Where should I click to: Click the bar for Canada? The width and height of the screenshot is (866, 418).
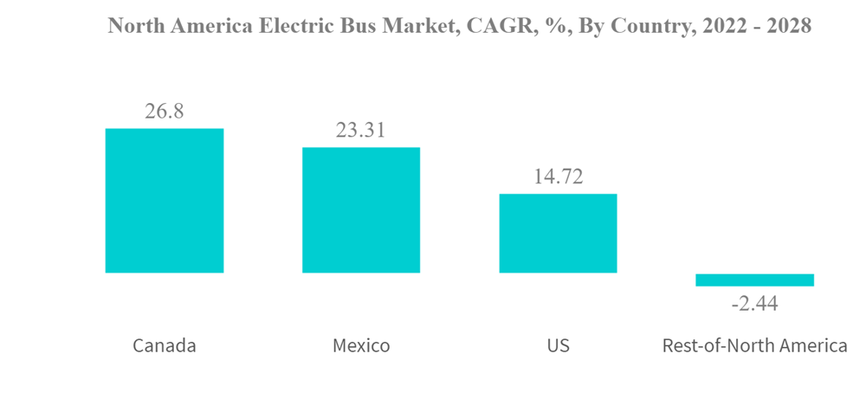point(165,201)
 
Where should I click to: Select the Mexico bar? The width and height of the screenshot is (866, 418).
point(361,210)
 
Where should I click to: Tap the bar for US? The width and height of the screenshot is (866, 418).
point(558,233)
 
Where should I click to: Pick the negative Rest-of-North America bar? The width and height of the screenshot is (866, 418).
point(754,280)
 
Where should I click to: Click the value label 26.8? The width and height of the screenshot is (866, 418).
point(165,112)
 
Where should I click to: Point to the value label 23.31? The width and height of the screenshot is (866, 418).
point(361,131)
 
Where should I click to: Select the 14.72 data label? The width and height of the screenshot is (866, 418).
point(558,177)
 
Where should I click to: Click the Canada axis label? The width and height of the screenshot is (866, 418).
point(165,345)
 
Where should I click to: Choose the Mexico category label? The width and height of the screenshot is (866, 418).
point(361,345)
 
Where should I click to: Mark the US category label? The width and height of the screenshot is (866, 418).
point(558,345)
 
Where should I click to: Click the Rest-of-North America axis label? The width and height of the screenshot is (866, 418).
point(754,345)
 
